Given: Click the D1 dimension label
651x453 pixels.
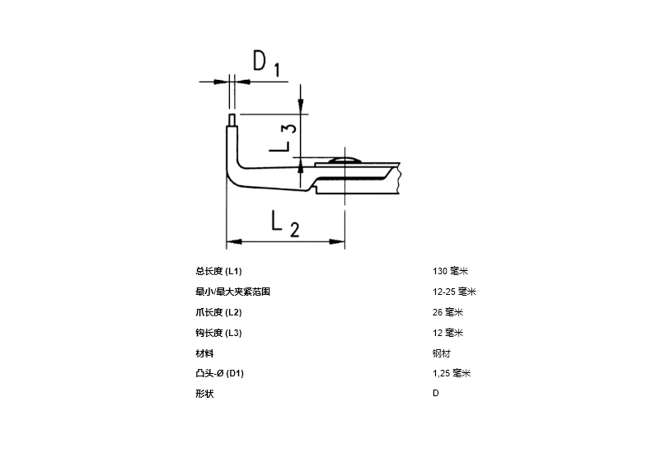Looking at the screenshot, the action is (x=266, y=63).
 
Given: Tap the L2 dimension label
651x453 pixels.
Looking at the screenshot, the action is (x=285, y=224).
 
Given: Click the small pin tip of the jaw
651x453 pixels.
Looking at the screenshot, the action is (x=232, y=119).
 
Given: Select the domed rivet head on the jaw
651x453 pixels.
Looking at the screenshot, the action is (x=344, y=160).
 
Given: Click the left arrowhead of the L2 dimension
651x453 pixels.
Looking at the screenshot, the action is (x=234, y=241).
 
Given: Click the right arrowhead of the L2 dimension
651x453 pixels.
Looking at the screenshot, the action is (x=337, y=241).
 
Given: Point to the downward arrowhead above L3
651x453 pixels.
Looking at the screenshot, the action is (x=301, y=105).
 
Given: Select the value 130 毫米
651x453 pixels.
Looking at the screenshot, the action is (x=451, y=271).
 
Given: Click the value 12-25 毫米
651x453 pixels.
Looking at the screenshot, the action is (x=454, y=292).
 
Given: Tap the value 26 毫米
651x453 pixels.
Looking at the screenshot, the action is (x=447, y=312).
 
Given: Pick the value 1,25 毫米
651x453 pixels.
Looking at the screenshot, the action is (x=452, y=373).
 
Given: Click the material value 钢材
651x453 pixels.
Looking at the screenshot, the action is (x=442, y=353).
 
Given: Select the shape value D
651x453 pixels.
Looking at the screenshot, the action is (x=436, y=393).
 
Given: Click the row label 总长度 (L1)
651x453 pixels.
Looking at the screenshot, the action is (x=218, y=271).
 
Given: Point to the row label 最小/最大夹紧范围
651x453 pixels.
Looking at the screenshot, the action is (x=233, y=292).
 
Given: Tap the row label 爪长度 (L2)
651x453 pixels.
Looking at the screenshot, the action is (x=218, y=312).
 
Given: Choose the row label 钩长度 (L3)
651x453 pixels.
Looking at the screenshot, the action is (x=218, y=333).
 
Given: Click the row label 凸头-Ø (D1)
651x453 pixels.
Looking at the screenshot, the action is (x=220, y=373).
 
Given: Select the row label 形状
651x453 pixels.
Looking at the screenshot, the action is (x=204, y=393).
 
